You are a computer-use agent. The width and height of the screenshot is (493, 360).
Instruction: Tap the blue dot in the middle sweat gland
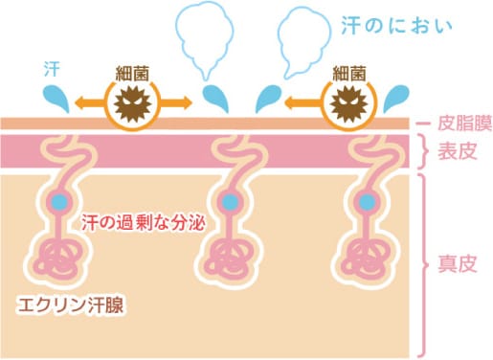[229, 203]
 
